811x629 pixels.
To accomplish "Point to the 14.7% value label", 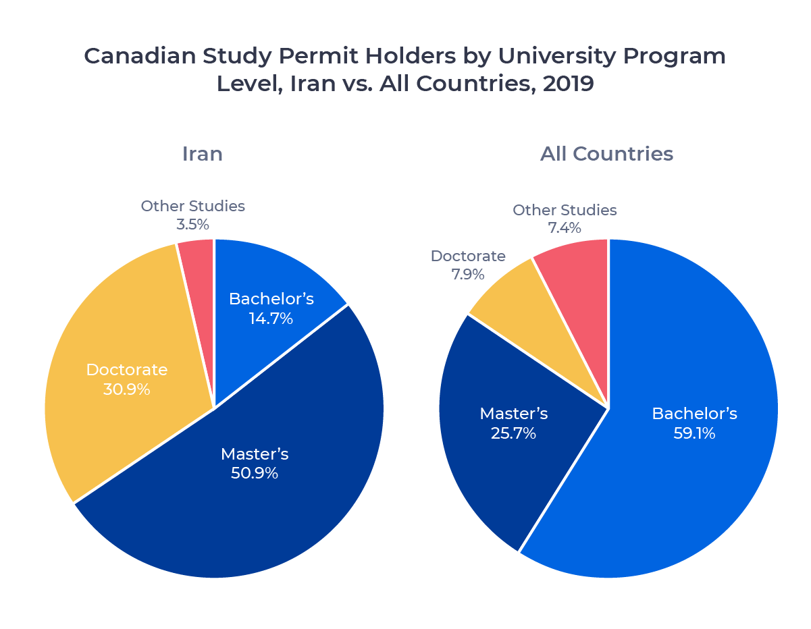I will pyautogui.click(x=271, y=319).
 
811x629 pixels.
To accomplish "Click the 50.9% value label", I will pyautogui.click(x=255, y=473).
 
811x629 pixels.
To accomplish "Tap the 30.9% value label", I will pyautogui.click(x=126, y=389).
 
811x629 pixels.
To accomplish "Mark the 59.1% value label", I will pyautogui.click(x=694, y=433).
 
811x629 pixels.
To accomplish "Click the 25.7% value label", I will pyautogui.click(x=513, y=433).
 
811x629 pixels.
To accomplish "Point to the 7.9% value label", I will pyautogui.click(x=468, y=275).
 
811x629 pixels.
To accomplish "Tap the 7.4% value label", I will pyautogui.click(x=565, y=228).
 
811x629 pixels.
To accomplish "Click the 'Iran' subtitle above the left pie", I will pyautogui.click(x=202, y=154).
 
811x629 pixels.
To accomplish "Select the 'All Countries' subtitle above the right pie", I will pyautogui.click(x=606, y=154).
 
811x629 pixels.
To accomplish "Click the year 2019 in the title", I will pyautogui.click(x=568, y=84).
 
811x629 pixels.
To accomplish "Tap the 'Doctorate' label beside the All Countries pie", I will pyautogui.click(x=468, y=256).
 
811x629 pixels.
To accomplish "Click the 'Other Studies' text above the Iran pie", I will pyautogui.click(x=193, y=206).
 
